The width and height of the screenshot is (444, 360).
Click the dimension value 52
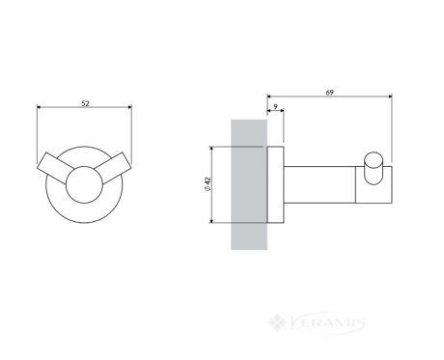tap(85, 103)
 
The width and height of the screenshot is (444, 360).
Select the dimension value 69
tap(329, 93)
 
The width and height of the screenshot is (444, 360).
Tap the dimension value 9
tap(275, 106)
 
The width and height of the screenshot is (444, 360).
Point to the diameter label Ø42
tap(208, 184)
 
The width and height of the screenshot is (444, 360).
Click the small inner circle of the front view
tap(84, 184)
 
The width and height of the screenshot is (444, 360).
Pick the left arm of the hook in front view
tap(54, 168)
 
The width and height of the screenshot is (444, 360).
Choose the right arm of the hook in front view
tap(115, 168)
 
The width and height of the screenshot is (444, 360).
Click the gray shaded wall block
tap(249, 184)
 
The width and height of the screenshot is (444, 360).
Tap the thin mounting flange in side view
tap(275, 184)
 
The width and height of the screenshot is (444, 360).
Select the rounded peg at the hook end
tap(374, 168)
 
